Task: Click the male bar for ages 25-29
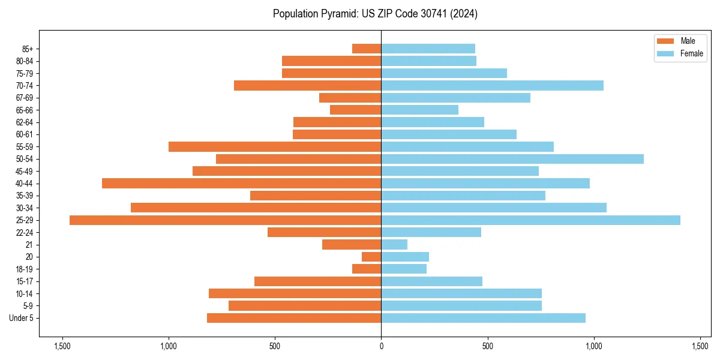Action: [225, 220]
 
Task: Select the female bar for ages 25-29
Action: [530, 220]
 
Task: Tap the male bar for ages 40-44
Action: [241, 184]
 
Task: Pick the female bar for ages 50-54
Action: [512, 159]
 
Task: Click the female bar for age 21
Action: [394, 245]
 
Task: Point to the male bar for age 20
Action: [371, 257]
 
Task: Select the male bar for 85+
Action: [367, 49]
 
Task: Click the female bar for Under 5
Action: [483, 318]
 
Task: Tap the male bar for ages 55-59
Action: [275, 147]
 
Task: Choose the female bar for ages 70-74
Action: [492, 86]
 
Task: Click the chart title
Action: [375, 14]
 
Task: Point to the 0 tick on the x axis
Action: [381, 346]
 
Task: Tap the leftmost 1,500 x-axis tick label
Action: [62, 346]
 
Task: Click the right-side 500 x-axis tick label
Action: [487, 346]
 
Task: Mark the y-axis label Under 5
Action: [22, 318]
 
